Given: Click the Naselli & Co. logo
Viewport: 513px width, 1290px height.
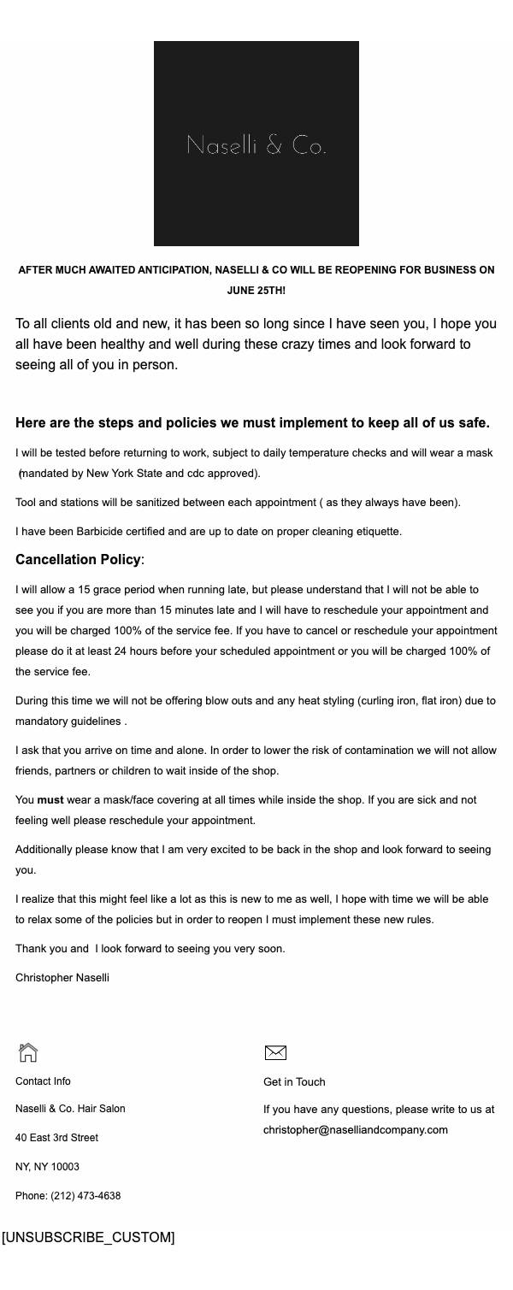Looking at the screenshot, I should click(x=256, y=144).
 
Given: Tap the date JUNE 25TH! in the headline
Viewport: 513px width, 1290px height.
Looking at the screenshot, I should click(x=256, y=291).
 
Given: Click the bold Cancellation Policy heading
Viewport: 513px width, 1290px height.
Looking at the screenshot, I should click(x=78, y=560).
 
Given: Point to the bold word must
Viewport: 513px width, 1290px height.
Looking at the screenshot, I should click(x=50, y=800).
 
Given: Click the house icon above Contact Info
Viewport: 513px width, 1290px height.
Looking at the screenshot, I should click(x=28, y=1052).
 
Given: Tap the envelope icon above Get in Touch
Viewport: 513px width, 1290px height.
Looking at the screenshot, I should click(x=275, y=1052).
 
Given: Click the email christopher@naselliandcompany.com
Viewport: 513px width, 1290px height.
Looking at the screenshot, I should click(x=356, y=1130).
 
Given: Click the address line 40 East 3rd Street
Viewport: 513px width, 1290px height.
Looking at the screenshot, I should click(x=56, y=1138).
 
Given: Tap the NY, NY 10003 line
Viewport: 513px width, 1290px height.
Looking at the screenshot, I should click(x=47, y=1167).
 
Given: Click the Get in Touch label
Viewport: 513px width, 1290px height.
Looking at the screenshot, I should click(x=294, y=1082).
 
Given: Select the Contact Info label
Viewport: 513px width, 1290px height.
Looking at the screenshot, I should click(x=43, y=1081).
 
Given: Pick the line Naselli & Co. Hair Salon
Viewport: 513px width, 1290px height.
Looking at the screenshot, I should click(x=70, y=1109).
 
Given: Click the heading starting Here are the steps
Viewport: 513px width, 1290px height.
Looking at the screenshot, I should click(x=252, y=422).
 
